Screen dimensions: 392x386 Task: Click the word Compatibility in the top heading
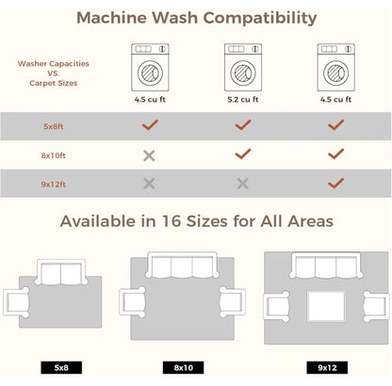259,18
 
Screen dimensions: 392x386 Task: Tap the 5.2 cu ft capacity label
243,100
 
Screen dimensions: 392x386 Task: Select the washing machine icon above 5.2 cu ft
243,68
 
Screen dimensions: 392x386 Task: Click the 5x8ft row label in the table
54,126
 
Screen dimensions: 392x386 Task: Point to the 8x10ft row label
54,155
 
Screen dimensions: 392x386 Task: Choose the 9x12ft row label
54,185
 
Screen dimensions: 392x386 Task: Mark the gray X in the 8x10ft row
149,155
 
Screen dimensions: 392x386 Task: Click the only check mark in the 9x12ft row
335,184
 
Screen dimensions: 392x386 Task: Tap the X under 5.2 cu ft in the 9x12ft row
243,184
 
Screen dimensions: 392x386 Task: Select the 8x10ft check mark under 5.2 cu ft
243,153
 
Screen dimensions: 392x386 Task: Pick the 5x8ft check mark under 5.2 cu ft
243,125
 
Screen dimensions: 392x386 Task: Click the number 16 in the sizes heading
171,221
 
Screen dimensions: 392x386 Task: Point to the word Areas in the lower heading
310,221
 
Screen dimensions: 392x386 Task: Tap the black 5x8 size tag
61,367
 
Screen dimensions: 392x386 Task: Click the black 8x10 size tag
183,367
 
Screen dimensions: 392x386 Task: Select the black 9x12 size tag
327,367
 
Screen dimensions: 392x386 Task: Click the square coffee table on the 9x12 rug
326,306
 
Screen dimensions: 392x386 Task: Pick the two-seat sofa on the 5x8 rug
61,272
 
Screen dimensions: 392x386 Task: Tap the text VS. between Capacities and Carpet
54,73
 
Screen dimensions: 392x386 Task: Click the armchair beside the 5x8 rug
16,302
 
